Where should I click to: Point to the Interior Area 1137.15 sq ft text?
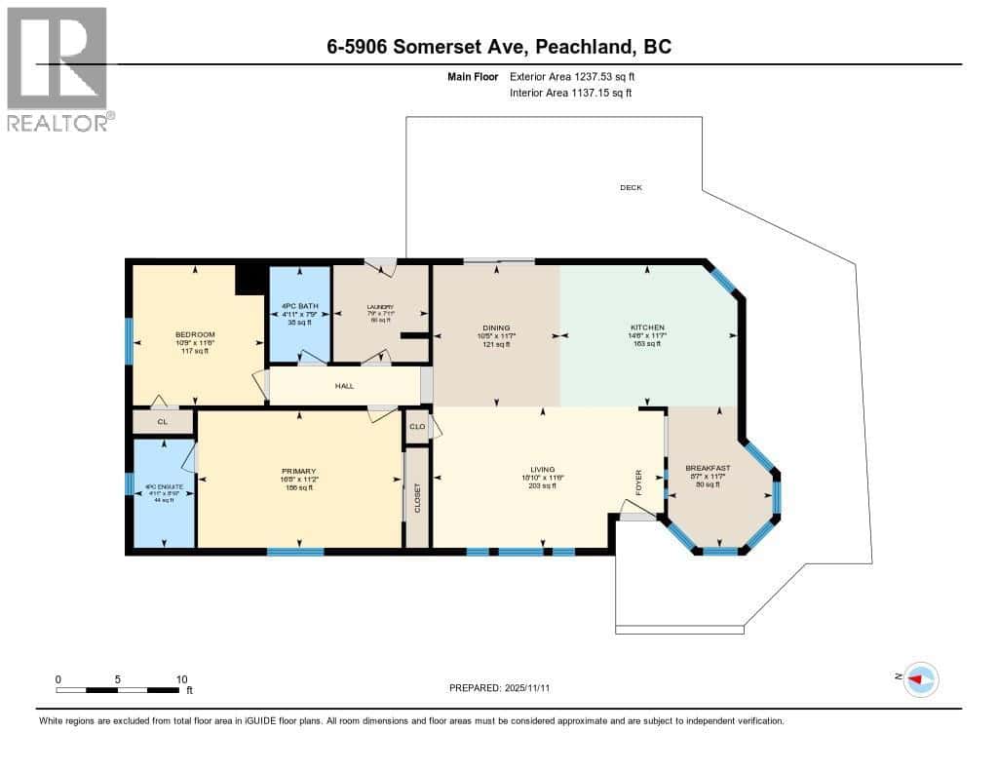pyautogui.click(x=570, y=94)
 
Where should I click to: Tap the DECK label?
pyautogui.click(x=631, y=187)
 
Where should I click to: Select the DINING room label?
pyautogui.click(x=496, y=328)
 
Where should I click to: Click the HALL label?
pyautogui.click(x=344, y=386)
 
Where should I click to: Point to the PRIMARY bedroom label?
pyautogui.click(x=298, y=471)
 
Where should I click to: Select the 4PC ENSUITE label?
pyautogui.click(x=163, y=487)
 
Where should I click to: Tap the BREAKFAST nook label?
pyautogui.click(x=708, y=468)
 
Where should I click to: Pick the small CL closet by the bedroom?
pyautogui.click(x=163, y=422)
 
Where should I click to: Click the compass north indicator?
pyautogui.click(x=920, y=678)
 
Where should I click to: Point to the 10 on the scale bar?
pyautogui.click(x=181, y=678)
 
